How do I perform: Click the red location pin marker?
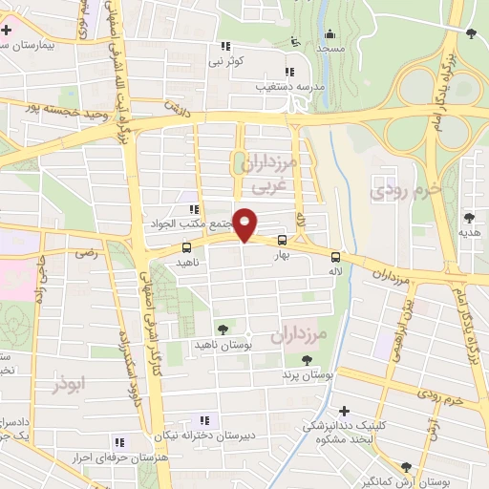coord(245,224)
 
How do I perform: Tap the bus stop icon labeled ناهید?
coord(185,248)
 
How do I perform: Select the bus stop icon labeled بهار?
coord(282,241)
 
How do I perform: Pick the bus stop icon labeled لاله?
coord(334,256)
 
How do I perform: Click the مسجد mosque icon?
coord(331,33)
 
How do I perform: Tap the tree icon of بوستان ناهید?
coord(223,330)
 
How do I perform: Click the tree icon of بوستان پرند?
coord(306,360)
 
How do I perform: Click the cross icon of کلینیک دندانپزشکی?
coord(345,410)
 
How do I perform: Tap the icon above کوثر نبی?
coord(226,46)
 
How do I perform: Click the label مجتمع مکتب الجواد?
coord(192,223)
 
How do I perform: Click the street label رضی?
coord(89,254)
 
